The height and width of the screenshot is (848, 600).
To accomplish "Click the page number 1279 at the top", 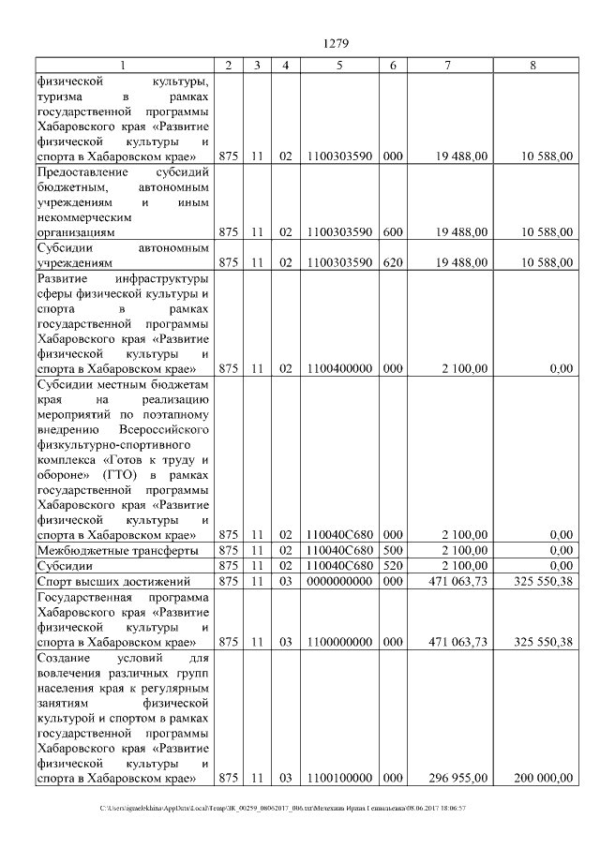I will coord(335,42).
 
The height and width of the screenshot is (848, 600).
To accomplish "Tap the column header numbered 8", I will coord(532,65).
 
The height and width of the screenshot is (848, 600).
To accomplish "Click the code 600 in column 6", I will coord(393,231).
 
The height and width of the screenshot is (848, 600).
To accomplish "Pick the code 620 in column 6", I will coord(393,263).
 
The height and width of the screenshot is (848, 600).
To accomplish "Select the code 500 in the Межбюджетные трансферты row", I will coord(393,550).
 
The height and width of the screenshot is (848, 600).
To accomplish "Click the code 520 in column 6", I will coord(393,566).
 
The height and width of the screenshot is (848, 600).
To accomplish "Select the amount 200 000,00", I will coord(543,779).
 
